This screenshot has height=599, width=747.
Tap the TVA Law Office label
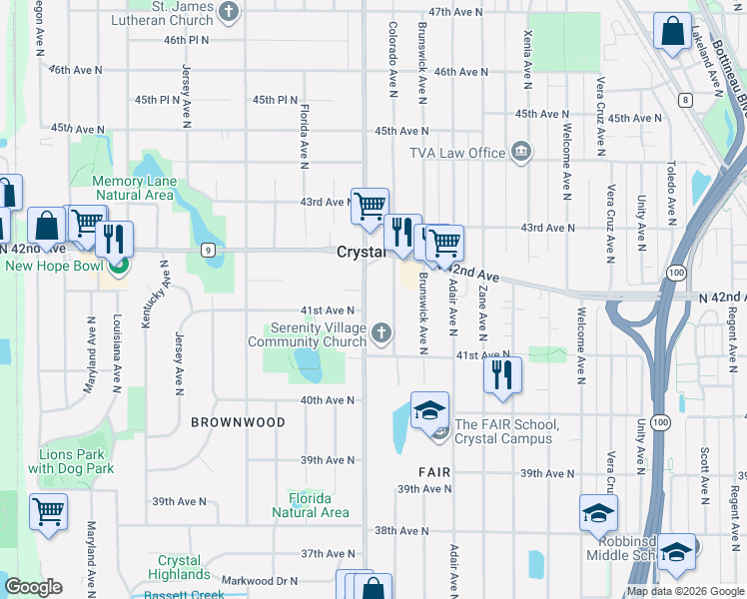pyautogui.click(x=457, y=153)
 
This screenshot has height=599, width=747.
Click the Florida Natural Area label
pyautogui.click(x=311, y=505)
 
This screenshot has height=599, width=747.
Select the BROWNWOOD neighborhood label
pyautogui.click(x=238, y=422)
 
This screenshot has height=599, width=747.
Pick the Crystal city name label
pyautogui.click(x=360, y=253)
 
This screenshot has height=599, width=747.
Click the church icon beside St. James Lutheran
pyautogui.click(x=230, y=13)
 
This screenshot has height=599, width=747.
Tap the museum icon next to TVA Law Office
pyautogui.click(x=520, y=153)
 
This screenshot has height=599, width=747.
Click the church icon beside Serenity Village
pyautogui.click(x=381, y=333)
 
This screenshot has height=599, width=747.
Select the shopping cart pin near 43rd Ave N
pyautogui.click(x=370, y=206)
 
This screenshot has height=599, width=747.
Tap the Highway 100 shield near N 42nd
pyautogui.click(x=677, y=272)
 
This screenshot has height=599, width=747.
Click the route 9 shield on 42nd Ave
pyautogui.click(x=207, y=249)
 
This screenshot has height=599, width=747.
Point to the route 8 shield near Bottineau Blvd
pyautogui.click(x=685, y=100)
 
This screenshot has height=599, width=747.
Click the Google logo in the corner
pyautogui.click(x=34, y=587)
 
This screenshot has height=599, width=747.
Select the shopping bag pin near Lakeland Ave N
pyautogui.click(x=673, y=30)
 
